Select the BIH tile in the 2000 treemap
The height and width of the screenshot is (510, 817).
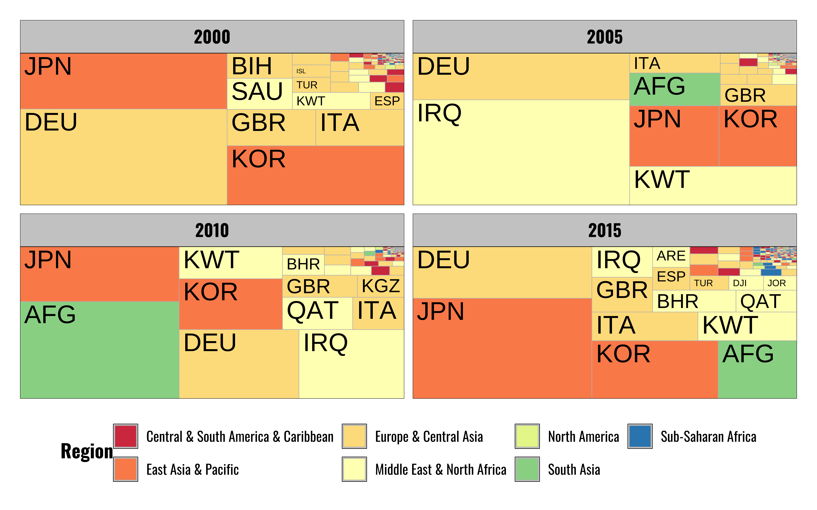pos(259,66)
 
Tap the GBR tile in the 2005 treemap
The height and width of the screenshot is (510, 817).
pos(758,95)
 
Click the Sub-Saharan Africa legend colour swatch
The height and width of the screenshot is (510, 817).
pos(640,436)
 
